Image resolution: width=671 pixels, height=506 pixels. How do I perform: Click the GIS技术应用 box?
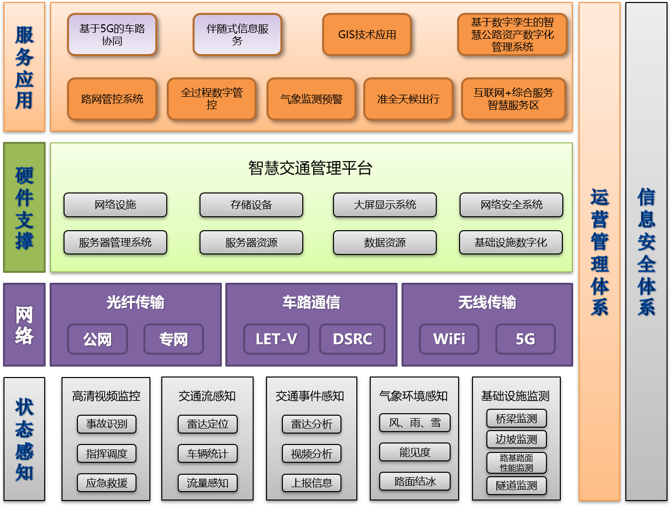pos(367,35)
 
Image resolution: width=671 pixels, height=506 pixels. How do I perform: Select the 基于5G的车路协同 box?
pos(112,35)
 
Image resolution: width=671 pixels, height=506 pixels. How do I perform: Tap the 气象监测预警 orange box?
pos(311,99)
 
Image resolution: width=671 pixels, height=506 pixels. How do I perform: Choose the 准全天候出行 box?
pos(408,99)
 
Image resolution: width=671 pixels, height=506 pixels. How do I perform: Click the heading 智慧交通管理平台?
pos(310,168)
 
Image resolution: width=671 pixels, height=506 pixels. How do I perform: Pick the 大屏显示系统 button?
pos(385,205)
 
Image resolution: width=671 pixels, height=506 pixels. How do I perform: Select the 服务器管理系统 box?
pos(115,243)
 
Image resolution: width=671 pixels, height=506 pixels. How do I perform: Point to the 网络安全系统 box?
pos(511,205)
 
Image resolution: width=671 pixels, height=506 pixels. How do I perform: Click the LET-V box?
pos(276,339)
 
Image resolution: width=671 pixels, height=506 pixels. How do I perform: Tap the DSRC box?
pos(352,339)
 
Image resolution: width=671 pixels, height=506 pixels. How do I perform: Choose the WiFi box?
pos(449,339)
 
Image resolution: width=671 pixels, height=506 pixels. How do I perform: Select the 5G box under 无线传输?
pos(525,339)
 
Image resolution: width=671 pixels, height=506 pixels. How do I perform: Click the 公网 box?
pos(97,339)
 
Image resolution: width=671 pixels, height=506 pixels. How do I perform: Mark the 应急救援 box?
pos(107,483)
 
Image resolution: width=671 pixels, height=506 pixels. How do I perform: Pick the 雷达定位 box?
pos(207,424)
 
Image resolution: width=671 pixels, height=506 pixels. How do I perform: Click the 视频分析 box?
pos(312,453)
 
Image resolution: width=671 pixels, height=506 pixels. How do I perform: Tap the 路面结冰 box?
pos(415,481)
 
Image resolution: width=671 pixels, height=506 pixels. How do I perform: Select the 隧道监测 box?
pos(516,486)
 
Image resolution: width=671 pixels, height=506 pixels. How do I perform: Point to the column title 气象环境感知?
pos(413,396)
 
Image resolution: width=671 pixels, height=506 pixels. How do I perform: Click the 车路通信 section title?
pos(311,302)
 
